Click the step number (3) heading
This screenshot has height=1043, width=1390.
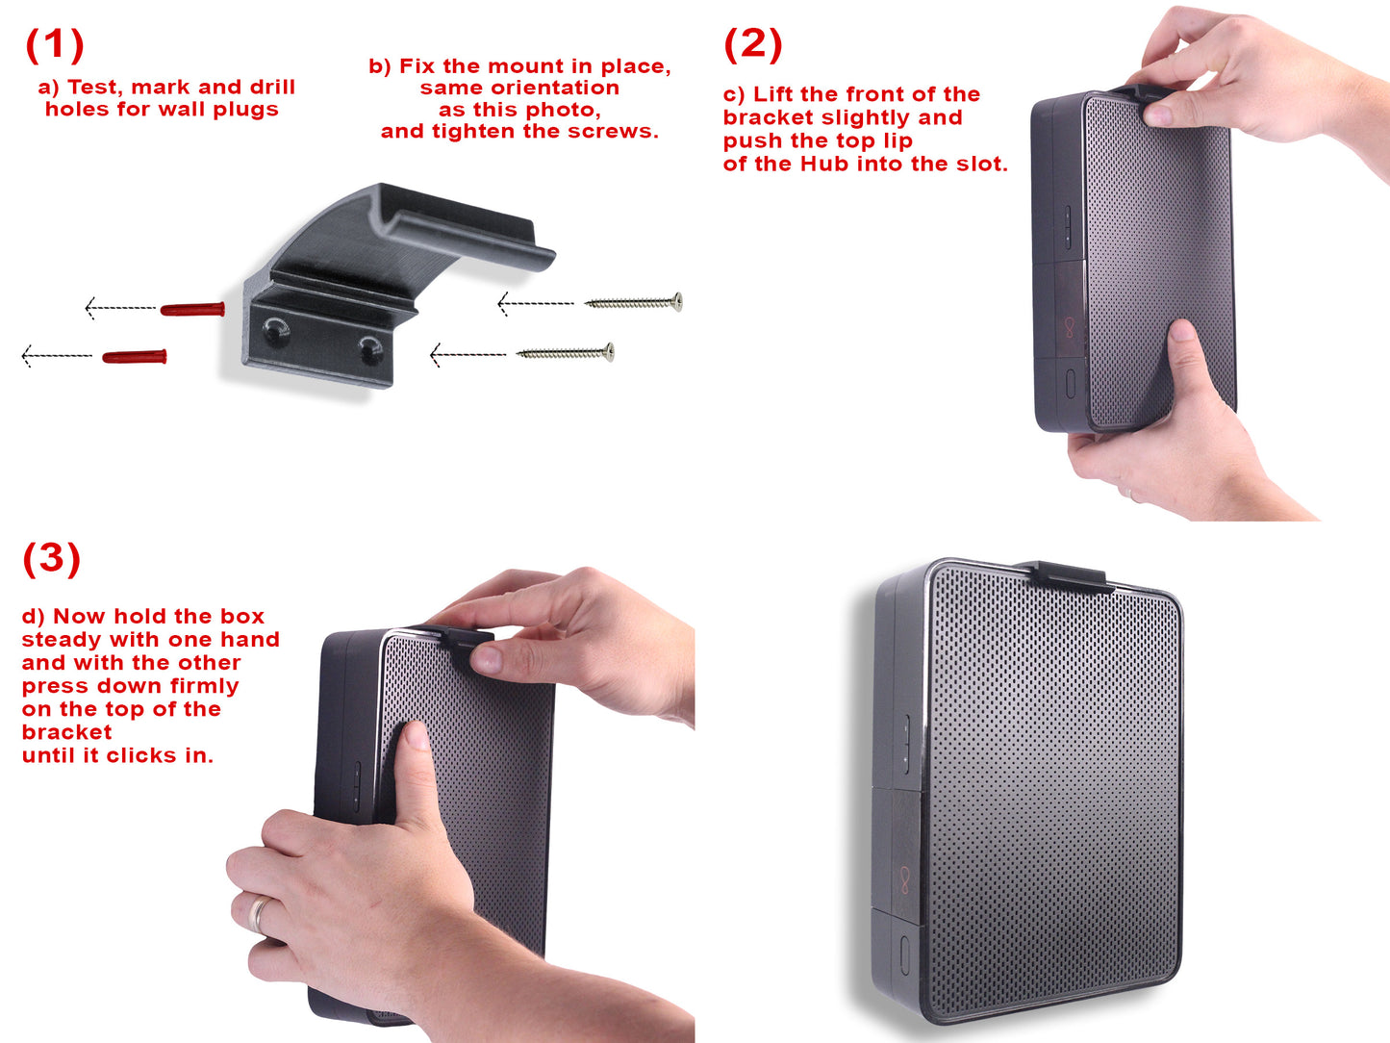(51, 558)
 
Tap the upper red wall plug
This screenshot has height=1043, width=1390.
(192, 309)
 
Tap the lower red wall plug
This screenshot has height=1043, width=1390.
(135, 357)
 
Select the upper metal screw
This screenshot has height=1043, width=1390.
(634, 303)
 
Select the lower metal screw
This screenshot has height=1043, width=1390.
(566, 353)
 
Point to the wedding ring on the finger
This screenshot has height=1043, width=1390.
(259, 913)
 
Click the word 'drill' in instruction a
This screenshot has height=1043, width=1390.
(273, 88)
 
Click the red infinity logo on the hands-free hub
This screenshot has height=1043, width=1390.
(904, 878)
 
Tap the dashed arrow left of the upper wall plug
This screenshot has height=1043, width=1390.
(121, 308)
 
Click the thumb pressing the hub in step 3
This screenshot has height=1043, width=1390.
(416, 760)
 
